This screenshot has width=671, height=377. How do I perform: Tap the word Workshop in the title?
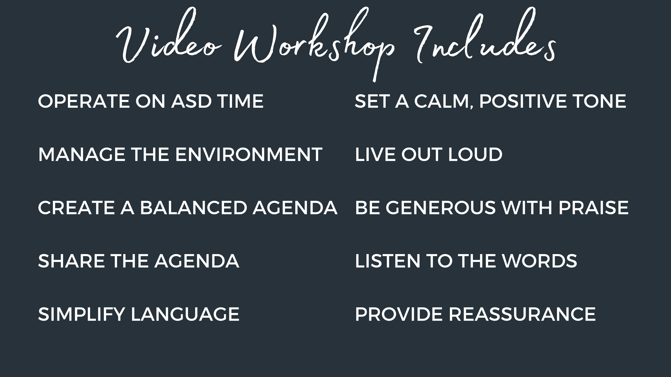(314, 44)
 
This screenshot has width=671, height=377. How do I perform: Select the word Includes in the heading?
(485, 37)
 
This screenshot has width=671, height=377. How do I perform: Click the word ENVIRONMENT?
(249, 155)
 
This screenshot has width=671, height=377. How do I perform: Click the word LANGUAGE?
(185, 314)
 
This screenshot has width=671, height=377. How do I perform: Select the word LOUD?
(475, 155)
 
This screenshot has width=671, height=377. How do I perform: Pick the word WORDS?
(539, 261)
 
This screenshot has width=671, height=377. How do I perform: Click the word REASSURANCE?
(522, 314)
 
